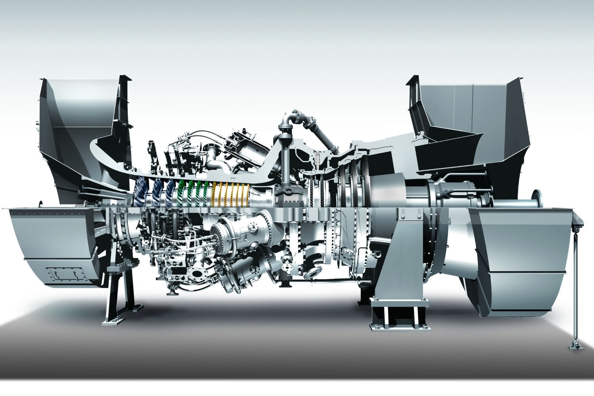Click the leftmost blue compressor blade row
141,192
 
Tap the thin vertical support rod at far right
573,277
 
